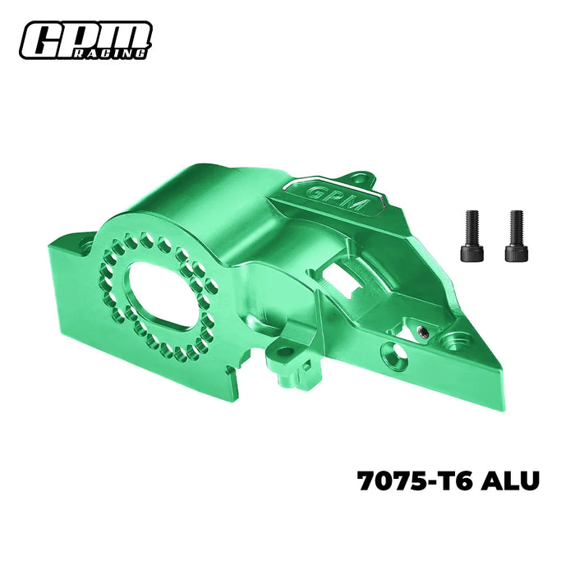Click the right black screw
click(x=515, y=236)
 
